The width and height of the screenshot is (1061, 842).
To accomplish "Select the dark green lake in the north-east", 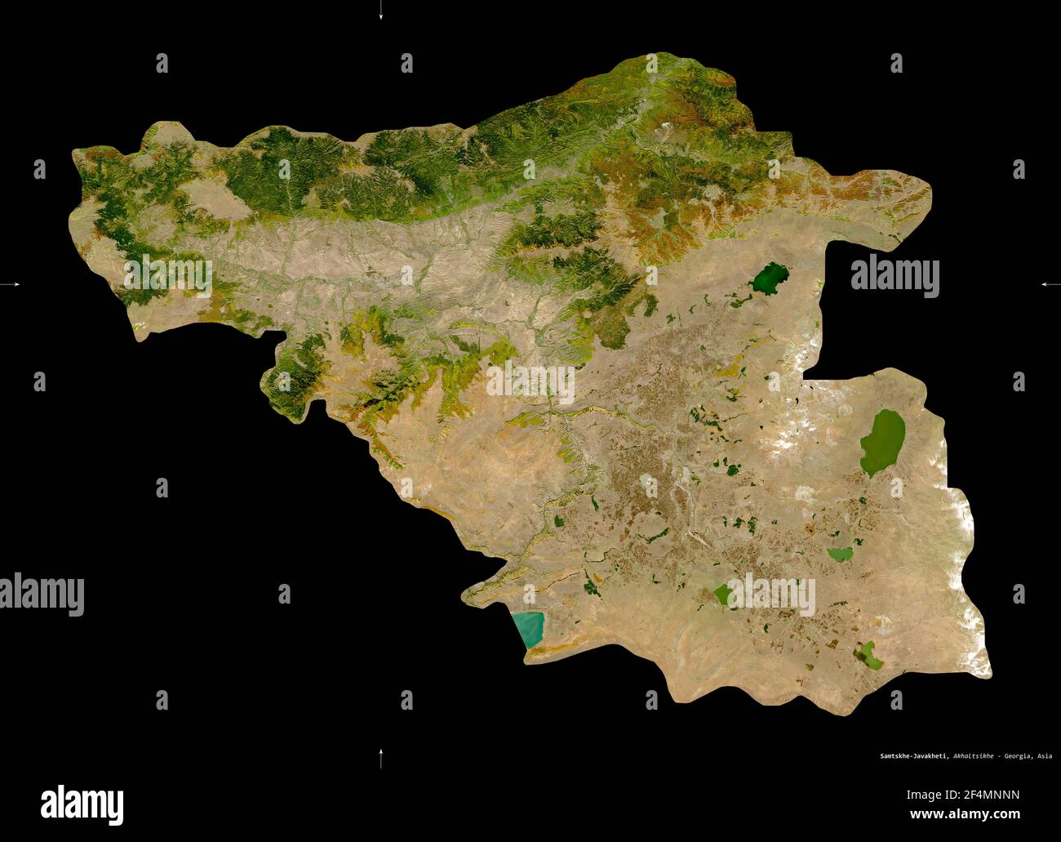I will (x=770, y=278).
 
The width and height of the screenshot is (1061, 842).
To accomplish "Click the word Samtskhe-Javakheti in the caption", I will (x=907, y=756).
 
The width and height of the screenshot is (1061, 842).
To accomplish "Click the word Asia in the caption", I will (x=1044, y=756).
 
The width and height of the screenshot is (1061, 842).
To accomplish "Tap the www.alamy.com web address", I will (x=965, y=814).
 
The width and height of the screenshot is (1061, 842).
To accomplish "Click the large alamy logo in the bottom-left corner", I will (x=82, y=804).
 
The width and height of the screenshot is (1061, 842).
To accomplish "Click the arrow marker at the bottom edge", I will (x=380, y=758).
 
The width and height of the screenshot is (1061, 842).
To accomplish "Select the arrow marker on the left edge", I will (x=11, y=284).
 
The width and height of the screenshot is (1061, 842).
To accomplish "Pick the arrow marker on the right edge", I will (x=1050, y=284).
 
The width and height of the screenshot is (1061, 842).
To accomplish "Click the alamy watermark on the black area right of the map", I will (x=895, y=276).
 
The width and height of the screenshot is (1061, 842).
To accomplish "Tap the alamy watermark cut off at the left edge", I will (x=42, y=594).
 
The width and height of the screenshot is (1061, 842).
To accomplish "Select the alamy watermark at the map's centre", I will (x=530, y=382).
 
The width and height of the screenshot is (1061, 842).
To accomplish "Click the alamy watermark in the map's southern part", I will (x=770, y=595).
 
